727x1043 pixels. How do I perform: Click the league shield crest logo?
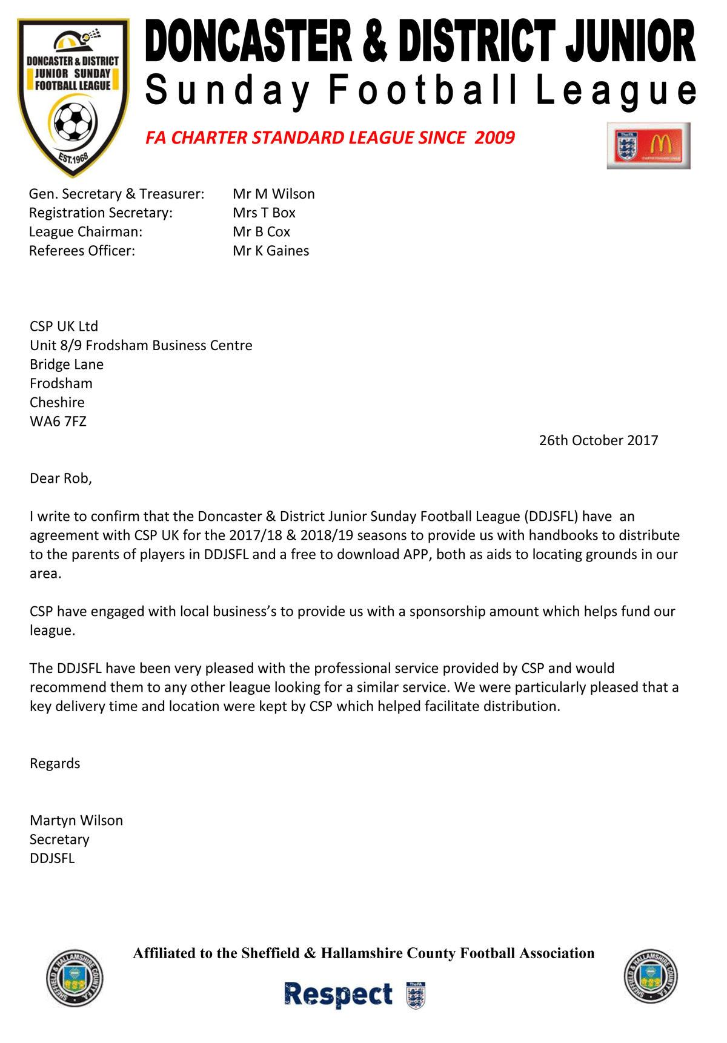73,97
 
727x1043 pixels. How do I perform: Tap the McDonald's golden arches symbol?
661,145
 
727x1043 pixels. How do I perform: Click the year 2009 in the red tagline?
494,138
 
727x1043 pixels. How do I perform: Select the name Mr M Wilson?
274,194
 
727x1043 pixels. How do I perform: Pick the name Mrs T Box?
264,213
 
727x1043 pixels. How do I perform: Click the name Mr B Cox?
262,232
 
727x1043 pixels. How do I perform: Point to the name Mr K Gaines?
271,251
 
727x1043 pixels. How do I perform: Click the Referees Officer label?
82,251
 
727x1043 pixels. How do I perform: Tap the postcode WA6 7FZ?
58,422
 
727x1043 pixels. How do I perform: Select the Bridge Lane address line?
67,365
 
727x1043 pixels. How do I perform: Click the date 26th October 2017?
599,440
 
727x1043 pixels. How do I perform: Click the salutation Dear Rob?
61,478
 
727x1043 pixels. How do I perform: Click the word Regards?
55,763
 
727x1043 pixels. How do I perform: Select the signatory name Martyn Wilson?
76,821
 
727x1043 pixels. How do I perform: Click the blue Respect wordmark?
338,995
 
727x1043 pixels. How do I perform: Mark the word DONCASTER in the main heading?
248,41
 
